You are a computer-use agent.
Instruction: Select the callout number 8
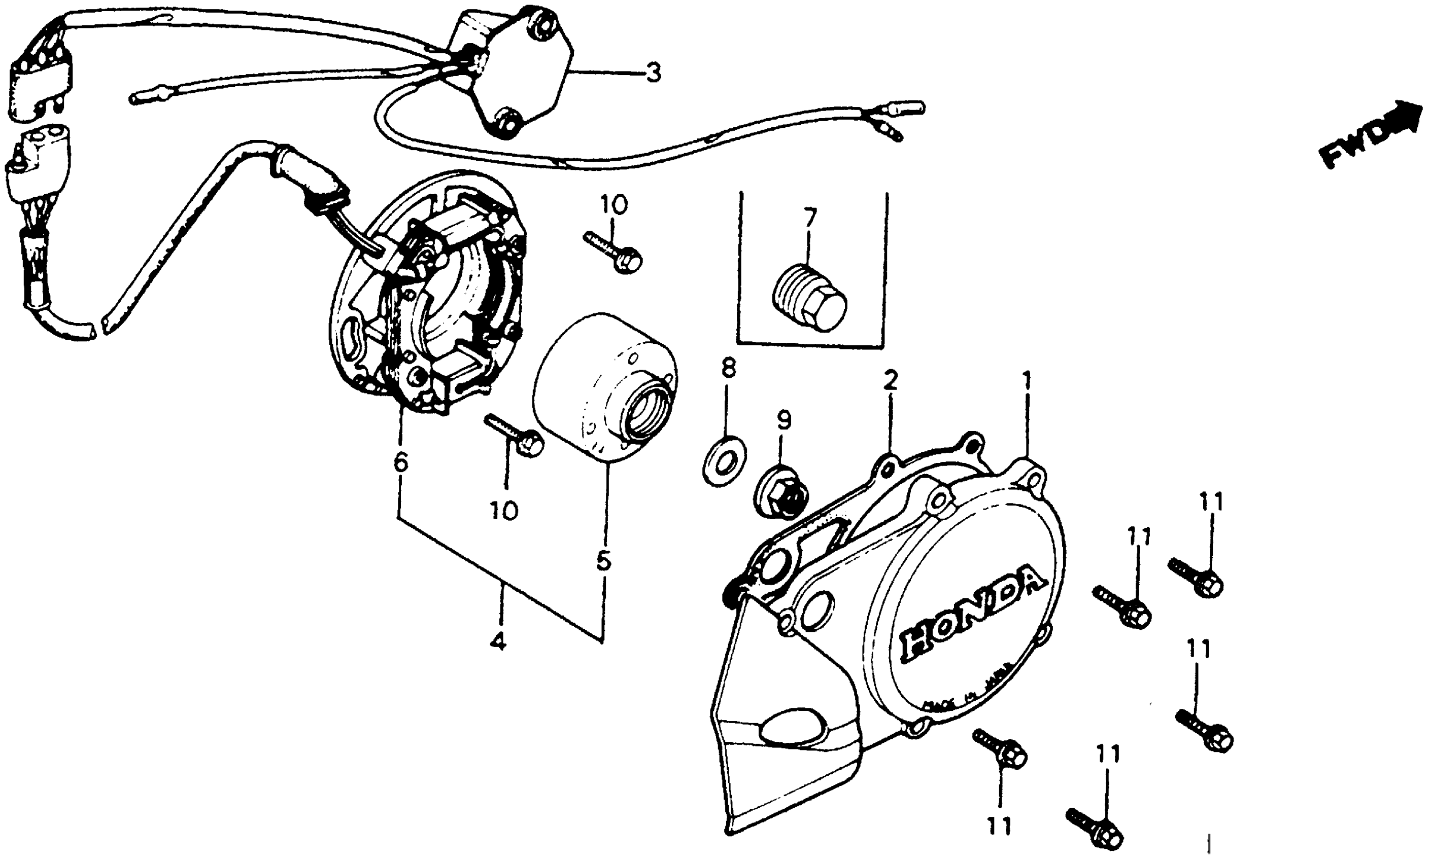728,368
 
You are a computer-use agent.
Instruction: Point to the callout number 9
783,420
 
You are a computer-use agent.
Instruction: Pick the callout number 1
1027,382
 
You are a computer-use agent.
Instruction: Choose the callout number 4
498,641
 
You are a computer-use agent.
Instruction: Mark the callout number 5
603,561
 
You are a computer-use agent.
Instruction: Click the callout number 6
400,462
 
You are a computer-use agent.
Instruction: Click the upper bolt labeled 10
612,252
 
